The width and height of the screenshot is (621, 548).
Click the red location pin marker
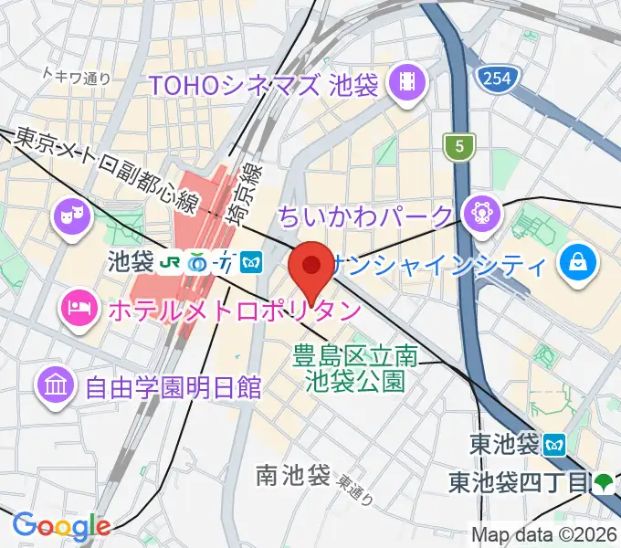click(310, 267)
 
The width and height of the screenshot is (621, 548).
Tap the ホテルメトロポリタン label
click(234, 311)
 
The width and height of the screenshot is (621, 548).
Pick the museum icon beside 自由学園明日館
click(55, 385)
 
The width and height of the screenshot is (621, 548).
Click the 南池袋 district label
click(292, 475)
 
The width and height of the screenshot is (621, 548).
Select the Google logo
click(61, 524)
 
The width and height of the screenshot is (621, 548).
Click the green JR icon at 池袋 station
click(169, 263)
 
